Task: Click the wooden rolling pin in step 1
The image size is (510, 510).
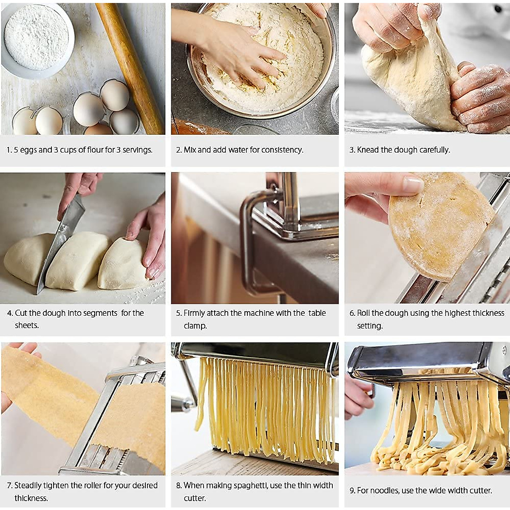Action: click(130, 68)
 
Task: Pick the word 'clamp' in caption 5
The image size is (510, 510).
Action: click(195, 326)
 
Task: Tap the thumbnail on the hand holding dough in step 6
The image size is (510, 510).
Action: click(412, 185)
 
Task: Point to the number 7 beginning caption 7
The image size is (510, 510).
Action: click(9, 485)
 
